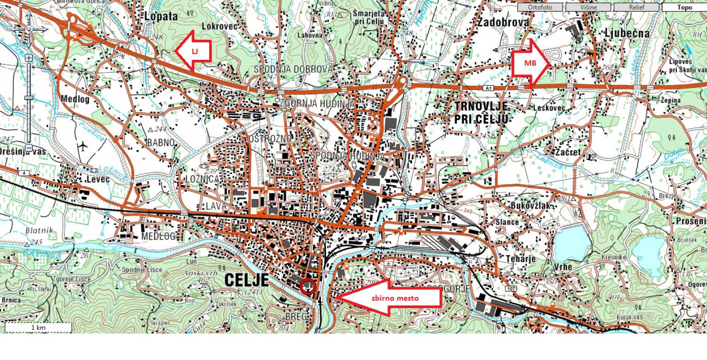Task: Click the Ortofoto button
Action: [x=540, y=7]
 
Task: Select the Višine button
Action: [x=588, y=7]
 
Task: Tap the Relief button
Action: [x=636, y=7]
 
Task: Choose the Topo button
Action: [x=684, y=7]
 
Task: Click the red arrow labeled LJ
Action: [x=193, y=50]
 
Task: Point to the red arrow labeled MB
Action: [x=530, y=63]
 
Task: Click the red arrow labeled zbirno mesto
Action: [x=389, y=298]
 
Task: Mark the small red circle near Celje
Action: [x=307, y=286]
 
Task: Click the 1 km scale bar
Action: [x=38, y=327]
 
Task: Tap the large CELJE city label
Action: [x=247, y=280]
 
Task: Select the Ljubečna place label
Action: [x=627, y=33]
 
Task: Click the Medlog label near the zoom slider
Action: [x=75, y=98]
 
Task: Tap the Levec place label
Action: [x=98, y=180]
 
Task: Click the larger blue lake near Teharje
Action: [x=572, y=242]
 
